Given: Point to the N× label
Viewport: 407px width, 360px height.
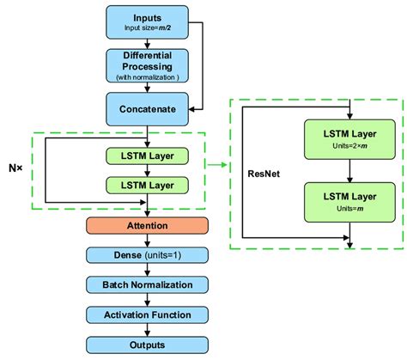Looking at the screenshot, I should pyautogui.click(x=15, y=168).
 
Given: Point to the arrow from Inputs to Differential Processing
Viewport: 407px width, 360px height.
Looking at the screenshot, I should pyautogui.click(x=147, y=43).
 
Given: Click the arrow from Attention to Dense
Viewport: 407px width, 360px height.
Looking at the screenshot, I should pyautogui.click(x=147, y=240).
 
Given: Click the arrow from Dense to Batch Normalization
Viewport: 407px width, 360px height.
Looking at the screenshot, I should pyautogui.click(x=147, y=269).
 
